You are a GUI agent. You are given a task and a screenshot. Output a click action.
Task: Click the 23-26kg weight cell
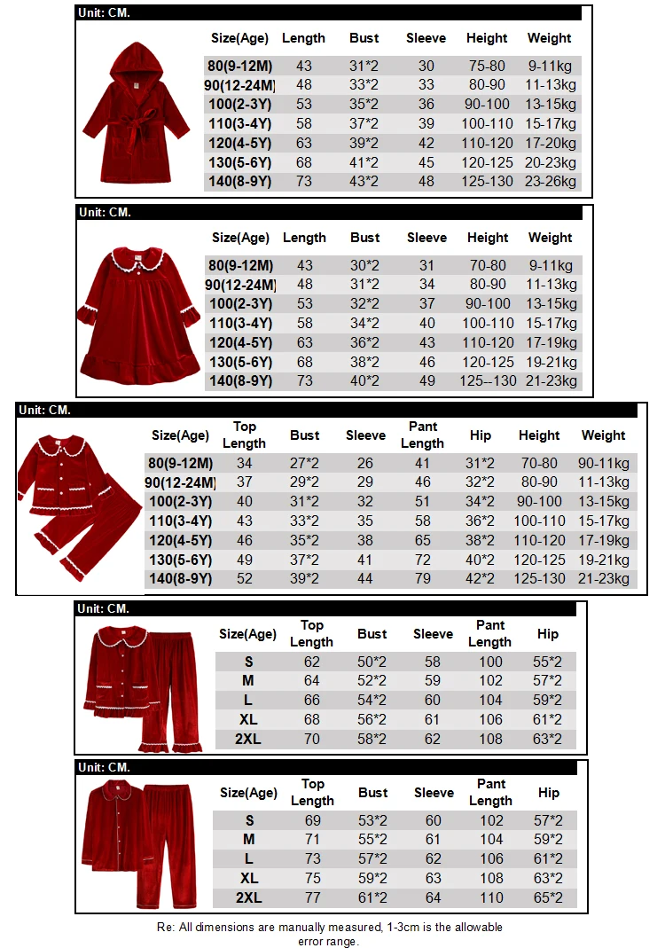(550, 183)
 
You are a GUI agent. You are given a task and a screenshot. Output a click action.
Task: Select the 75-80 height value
(487, 66)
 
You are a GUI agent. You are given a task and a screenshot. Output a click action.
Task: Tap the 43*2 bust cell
(364, 183)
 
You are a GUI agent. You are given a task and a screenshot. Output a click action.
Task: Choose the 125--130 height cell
(488, 382)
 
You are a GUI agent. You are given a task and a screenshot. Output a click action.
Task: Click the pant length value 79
(422, 579)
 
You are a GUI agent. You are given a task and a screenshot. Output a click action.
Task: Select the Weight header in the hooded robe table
(550, 38)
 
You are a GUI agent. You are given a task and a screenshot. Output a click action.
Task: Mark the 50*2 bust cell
(372, 662)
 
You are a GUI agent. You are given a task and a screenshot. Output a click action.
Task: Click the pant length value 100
(490, 662)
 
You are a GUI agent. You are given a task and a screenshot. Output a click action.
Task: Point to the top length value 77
(312, 897)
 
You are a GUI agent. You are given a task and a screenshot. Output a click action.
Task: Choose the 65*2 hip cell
(549, 897)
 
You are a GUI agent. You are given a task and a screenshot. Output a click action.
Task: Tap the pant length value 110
(490, 897)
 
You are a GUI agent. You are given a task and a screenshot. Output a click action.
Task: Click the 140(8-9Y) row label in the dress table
(240, 382)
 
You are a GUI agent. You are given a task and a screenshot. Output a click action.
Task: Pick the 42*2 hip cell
(481, 579)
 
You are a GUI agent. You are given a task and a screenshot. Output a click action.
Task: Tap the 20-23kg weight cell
(550, 163)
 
